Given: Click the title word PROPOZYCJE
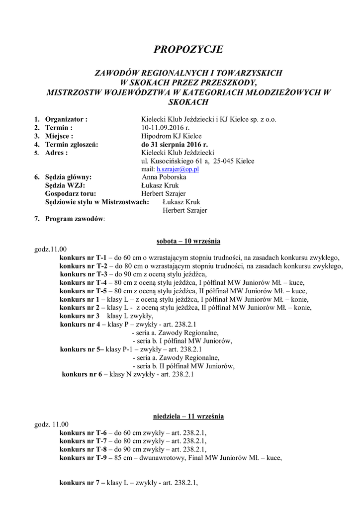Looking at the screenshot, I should (x=188, y=49).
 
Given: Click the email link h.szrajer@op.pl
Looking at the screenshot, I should (x=178, y=169).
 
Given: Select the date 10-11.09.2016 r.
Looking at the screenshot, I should (x=165, y=128).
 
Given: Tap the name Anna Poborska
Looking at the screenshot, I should (x=164, y=177).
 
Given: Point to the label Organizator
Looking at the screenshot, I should (x=66, y=119).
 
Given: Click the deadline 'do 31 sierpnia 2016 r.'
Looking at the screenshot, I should (x=175, y=145).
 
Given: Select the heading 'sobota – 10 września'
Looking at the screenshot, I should (x=188, y=241).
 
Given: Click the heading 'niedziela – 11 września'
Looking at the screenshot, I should (x=188, y=416).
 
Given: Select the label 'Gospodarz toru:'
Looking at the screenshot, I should (x=70, y=194).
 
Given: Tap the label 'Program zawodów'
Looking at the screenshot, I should (x=75, y=219).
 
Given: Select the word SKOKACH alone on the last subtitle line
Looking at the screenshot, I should (x=188, y=102).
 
